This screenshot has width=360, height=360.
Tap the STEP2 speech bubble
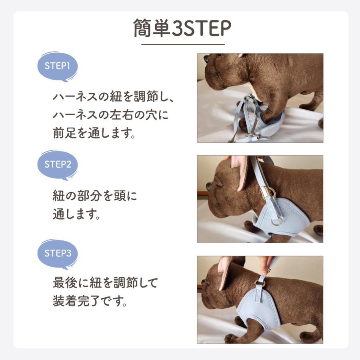tap(57, 164)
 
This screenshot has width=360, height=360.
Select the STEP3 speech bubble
tap(57, 253)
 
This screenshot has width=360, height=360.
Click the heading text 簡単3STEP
tap(182, 28)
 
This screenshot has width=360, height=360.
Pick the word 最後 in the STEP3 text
tap(65, 283)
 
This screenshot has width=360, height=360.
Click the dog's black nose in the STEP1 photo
tap(206, 59)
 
